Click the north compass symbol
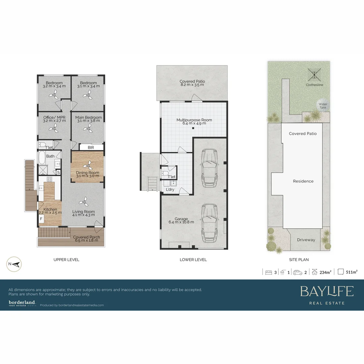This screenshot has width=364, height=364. (x=14, y=264)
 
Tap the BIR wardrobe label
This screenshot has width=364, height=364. (x=91, y=147)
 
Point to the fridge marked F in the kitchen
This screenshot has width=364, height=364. (x=41, y=218)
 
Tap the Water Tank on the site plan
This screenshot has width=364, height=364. (x=323, y=105)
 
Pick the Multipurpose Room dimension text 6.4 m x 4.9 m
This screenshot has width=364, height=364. (x=194, y=123)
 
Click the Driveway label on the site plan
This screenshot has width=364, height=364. (x=306, y=240)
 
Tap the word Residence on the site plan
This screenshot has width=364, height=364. (x=303, y=181)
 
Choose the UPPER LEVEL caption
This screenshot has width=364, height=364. (x=66, y=260)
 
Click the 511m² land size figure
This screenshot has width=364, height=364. (x=352, y=272)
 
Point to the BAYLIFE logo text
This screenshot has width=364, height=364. (x=327, y=291)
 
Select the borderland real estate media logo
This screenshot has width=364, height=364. (x=22, y=303)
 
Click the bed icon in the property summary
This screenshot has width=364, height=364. (x=269, y=272)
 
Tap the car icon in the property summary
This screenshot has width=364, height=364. (x=298, y=272)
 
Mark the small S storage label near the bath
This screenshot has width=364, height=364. (x=58, y=173)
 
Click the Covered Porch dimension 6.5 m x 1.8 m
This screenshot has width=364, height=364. (x=87, y=241)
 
